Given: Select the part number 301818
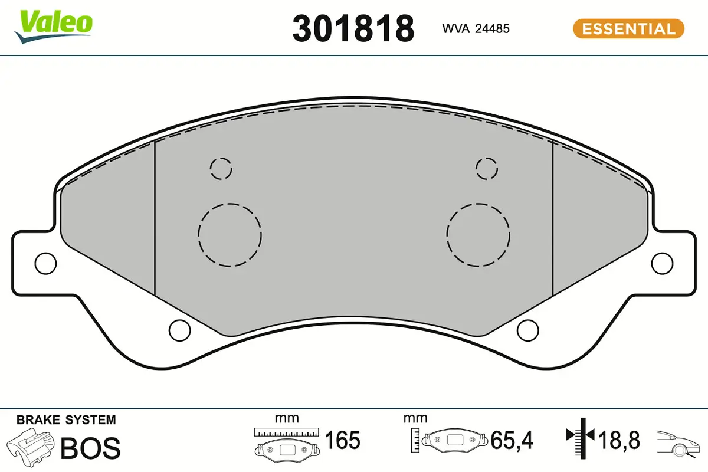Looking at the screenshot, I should click(x=353, y=28).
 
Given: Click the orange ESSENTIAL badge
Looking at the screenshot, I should click(x=628, y=28).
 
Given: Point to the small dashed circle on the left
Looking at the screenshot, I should click(x=221, y=169).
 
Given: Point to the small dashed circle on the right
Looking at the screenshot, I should click(x=487, y=169).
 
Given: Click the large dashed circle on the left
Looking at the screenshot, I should click(x=230, y=235).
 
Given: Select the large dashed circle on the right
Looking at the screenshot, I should click(x=478, y=235).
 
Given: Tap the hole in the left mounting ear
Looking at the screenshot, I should click(x=45, y=263).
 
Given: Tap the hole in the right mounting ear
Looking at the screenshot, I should click(x=663, y=263).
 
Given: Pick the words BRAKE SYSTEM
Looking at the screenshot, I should click(x=66, y=420).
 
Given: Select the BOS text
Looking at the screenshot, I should click(x=91, y=448).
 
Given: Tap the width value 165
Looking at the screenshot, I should click(x=343, y=440).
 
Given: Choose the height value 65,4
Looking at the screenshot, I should click(x=512, y=440).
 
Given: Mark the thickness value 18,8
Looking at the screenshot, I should click(x=618, y=440).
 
